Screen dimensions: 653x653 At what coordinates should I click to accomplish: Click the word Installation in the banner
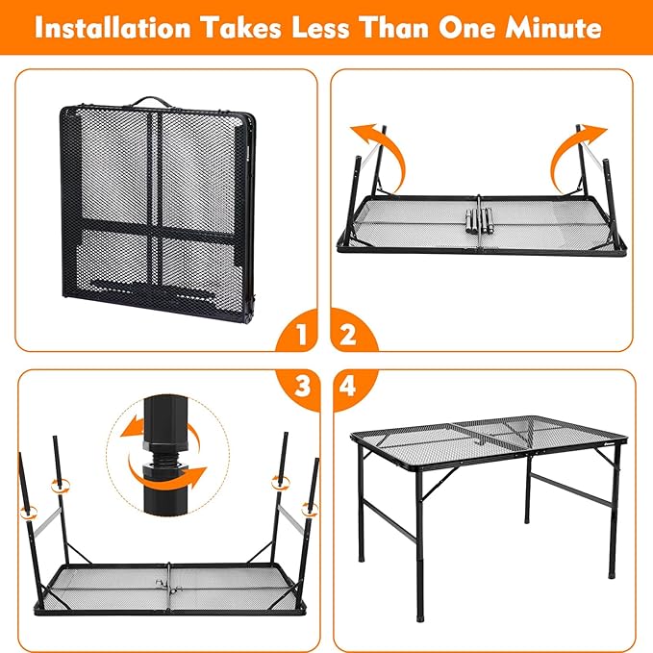pyautogui.click(x=113, y=28)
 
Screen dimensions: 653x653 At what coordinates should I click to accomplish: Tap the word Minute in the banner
pyautogui.click(x=554, y=28)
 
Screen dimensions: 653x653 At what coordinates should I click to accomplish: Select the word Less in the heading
pyautogui.click(x=320, y=28)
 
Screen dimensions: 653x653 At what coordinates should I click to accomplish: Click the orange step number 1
pyautogui.click(x=301, y=335)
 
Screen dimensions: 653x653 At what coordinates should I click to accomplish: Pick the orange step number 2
pyautogui.click(x=348, y=335)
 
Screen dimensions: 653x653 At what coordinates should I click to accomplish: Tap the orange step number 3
pyautogui.click(x=302, y=386)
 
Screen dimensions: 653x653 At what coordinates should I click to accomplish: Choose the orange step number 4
pyautogui.click(x=347, y=386)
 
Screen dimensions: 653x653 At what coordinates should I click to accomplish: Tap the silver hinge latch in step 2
pyautogui.click(x=479, y=222)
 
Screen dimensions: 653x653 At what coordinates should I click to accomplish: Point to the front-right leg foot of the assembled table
pyautogui.click(x=612, y=571)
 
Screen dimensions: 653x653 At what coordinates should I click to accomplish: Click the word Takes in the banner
pyautogui.click(x=241, y=28)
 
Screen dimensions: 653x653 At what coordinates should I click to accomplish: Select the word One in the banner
pyautogui.click(x=466, y=28)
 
